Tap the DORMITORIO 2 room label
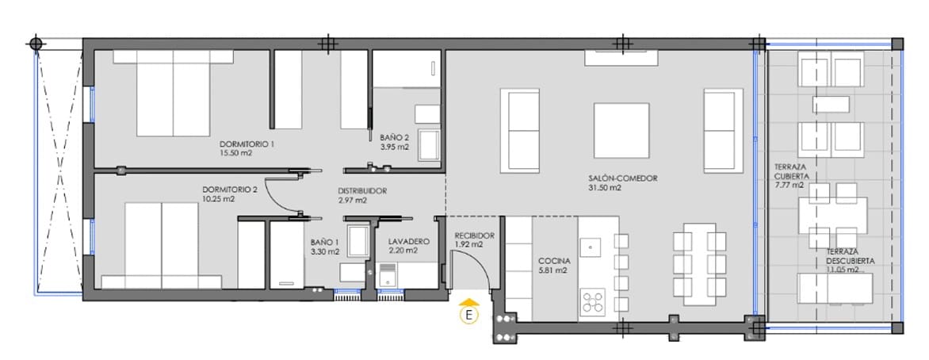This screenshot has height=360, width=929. pyautogui.click(x=229, y=190)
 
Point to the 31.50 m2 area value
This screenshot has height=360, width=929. pyautogui.click(x=604, y=188)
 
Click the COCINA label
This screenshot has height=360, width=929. pyautogui.click(x=554, y=260)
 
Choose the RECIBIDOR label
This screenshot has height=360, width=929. pyautogui.click(x=474, y=236)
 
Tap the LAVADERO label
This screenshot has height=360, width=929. pyautogui.click(x=409, y=241)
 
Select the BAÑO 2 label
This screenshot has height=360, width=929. pyautogui.click(x=394, y=136)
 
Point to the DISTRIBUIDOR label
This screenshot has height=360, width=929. pyautogui.click(x=361, y=191)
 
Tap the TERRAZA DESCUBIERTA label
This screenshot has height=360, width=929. pyautogui.click(x=839, y=256)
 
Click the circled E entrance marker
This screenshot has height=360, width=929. pyautogui.click(x=469, y=316)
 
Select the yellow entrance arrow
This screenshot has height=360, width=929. pyautogui.click(x=469, y=301)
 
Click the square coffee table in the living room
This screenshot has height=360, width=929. pyautogui.click(x=621, y=131)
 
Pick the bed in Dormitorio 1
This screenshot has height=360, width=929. pyautogui.click(x=174, y=94)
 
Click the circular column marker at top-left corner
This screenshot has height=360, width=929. pyautogui.click(x=35, y=44)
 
